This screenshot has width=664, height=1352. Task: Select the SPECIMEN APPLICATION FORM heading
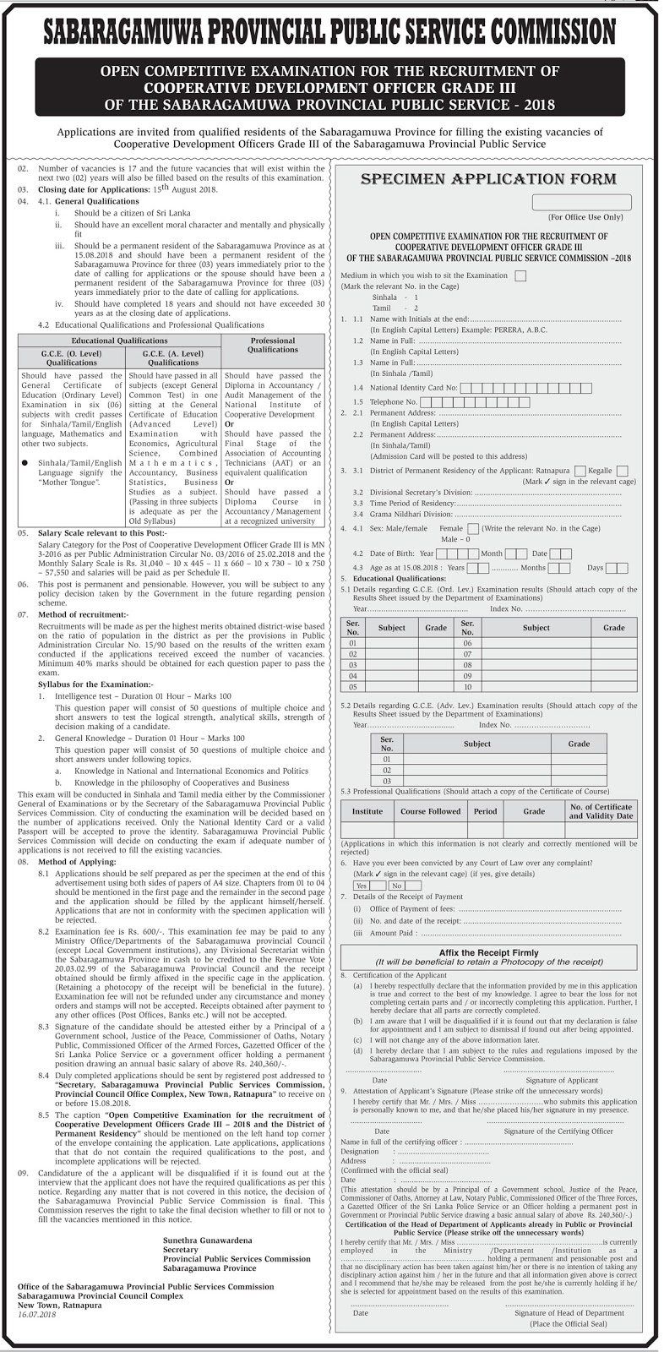click(x=488, y=179)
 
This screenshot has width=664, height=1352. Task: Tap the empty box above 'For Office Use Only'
click(x=581, y=203)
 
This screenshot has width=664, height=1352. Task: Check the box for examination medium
click(x=520, y=275)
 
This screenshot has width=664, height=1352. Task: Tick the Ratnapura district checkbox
click(x=580, y=471)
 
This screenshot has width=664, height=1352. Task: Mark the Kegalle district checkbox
click(x=622, y=471)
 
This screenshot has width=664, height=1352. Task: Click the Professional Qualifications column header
click(x=273, y=345)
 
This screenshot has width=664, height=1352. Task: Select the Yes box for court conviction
click(x=362, y=886)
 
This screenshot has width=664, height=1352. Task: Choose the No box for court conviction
click(x=396, y=886)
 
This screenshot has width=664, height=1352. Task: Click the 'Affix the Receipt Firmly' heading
click(x=488, y=952)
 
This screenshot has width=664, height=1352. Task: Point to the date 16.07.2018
click(x=36, y=1315)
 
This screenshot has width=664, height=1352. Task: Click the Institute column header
click(x=367, y=811)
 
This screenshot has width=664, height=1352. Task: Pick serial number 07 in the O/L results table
click(x=467, y=654)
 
